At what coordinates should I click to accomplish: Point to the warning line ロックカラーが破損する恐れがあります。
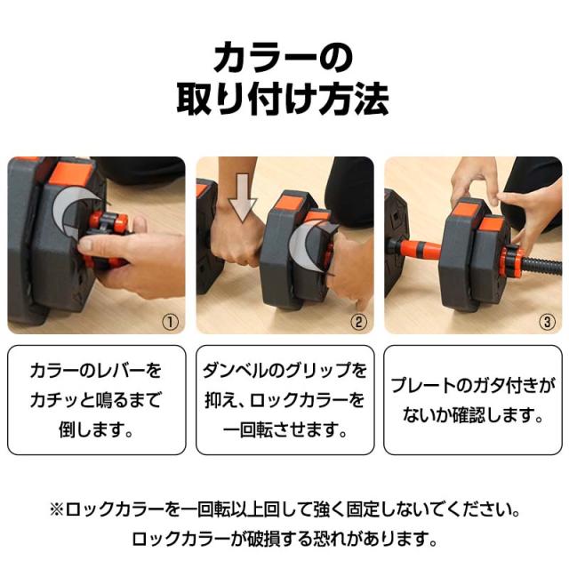(x=284, y=539)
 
